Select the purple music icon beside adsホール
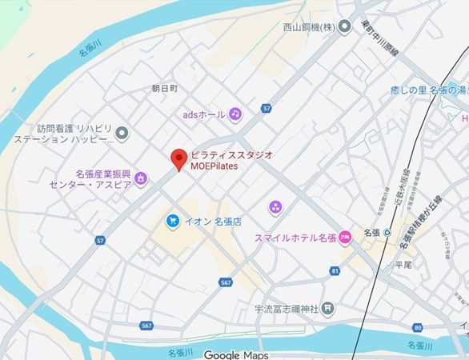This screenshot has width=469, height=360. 234,114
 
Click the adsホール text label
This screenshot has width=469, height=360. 204,114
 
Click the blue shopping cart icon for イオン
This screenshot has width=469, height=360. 172,220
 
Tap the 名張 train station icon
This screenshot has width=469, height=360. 387,233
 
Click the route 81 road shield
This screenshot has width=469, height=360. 334,271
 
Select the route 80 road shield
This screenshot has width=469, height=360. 418,327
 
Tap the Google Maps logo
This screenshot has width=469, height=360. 235,354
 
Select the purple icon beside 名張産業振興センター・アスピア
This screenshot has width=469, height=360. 141,177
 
